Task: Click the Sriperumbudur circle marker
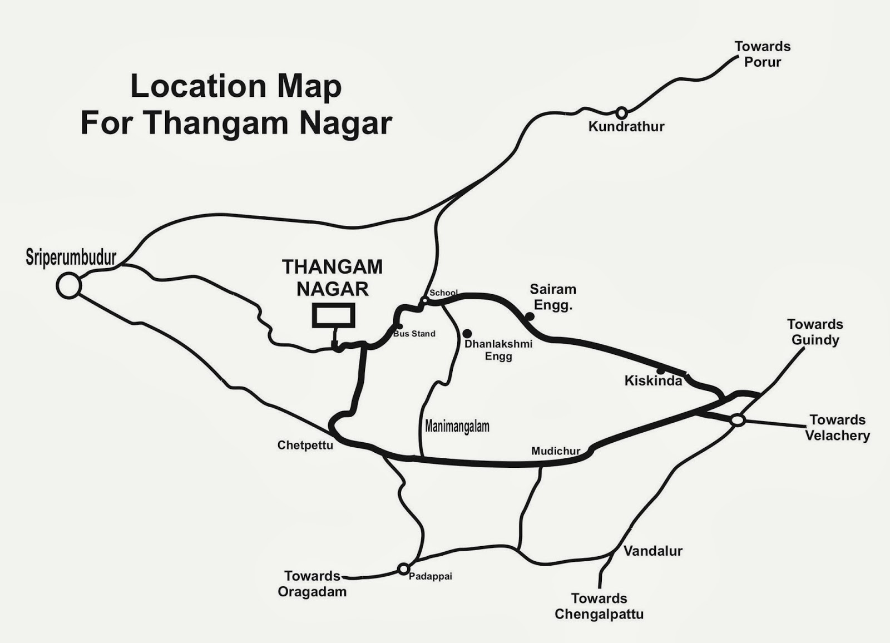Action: [x=69, y=286]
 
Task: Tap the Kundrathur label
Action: [x=626, y=127]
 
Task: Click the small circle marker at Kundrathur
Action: [x=621, y=113]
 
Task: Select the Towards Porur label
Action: [x=762, y=54]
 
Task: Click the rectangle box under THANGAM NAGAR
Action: [x=333, y=315]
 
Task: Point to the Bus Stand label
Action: [x=414, y=334]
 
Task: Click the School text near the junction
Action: [x=443, y=293]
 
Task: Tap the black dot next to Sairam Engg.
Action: [x=530, y=316]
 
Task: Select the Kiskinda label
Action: [x=653, y=381]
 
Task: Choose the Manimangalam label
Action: [x=457, y=427]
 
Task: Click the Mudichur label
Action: [x=556, y=451]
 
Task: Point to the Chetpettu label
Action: [x=305, y=445]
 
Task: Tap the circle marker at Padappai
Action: [x=403, y=569]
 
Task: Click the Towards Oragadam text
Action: [x=312, y=583]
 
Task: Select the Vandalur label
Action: [x=652, y=551]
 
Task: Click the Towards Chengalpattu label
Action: [x=599, y=606]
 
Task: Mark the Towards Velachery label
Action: [x=837, y=427]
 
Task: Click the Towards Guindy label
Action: [x=815, y=332]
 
